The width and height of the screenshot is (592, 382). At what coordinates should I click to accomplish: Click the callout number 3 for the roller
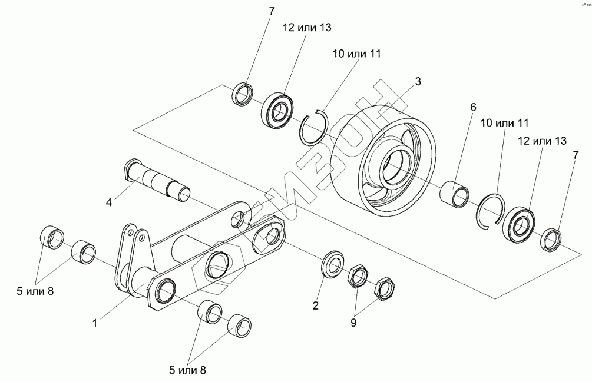(418, 82)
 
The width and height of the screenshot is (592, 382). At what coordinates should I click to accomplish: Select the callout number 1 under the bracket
(95, 322)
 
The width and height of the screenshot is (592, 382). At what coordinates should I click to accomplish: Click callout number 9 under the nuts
(355, 323)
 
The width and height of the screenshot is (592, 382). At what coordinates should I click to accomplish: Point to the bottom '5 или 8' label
(187, 370)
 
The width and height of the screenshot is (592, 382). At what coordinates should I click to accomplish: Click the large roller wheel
(386, 162)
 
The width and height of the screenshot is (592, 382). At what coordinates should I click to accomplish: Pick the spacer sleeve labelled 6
(457, 194)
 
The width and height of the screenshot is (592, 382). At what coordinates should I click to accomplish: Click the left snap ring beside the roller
(312, 128)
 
